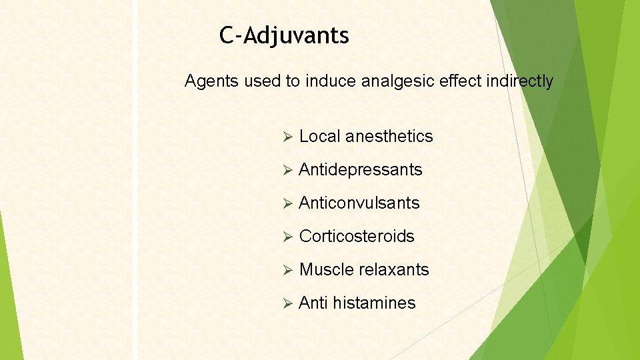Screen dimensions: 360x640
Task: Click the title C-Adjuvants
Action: pyautogui.click(x=284, y=35)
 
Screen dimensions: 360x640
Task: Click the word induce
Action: pyautogui.click(x=324, y=81)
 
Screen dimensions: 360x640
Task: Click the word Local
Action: pyautogui.click(x=319, y=137)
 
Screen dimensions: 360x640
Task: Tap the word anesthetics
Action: pyautogui.click(x=389, y=137)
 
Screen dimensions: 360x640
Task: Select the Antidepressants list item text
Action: pyautogui.click(x=361, y=170)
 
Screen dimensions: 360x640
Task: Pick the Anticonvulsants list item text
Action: pyautogui.click(x=359, y=203)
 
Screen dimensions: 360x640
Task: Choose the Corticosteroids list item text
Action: pyautogui.click(x=357, y=237)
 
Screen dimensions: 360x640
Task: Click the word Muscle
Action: pyautogui.click(x=327, y=270)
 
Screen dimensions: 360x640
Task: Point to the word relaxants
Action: pyautogui.click(x=394, y=270)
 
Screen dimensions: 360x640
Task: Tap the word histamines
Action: pyautogui.click(x=374, y=303)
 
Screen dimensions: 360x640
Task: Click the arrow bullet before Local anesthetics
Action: pyautogui.click(x=288, y=137)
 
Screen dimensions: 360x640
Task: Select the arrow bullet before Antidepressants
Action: pyautogui.click(x=288, y=171)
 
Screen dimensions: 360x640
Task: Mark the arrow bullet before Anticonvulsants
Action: pyautogui.click(x=288, y=204)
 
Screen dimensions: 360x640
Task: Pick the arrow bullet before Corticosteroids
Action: pyautogui.click(x=288, y=237)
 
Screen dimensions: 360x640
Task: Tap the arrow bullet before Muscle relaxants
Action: pyautogui.click(x=288, y=271)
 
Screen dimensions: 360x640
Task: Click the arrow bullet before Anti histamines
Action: pyautogui.click(x=288, y=304)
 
